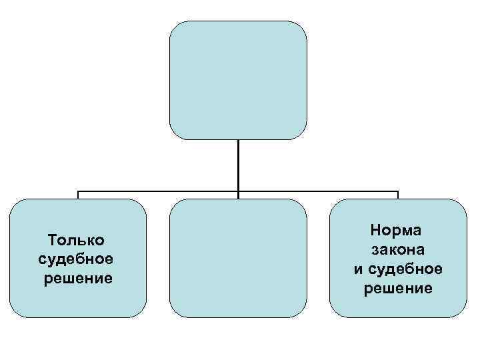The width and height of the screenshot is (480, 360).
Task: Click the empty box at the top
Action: [x=238, y=80]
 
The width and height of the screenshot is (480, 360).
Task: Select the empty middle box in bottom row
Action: [x=238, y=258]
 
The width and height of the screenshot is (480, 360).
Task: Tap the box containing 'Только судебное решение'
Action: [x=78, y=258]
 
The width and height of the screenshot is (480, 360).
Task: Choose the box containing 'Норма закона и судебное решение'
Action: [x=398, y=258]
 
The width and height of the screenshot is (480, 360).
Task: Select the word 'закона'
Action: [x=398, y=249]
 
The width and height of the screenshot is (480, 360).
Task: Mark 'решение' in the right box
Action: [x=398, y=288]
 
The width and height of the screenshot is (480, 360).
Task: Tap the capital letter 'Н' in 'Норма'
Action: [x=375, y=231]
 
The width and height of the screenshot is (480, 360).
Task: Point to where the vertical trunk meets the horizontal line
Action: [x=238, y=192]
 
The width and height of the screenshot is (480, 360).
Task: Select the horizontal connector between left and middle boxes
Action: [x=158, y=192]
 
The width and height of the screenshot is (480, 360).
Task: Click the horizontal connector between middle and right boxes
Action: [x=318, y=192]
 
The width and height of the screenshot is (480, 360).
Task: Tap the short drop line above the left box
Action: [x=78, y=195]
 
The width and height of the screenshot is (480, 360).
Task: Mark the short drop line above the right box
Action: [x=398, y=195]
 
